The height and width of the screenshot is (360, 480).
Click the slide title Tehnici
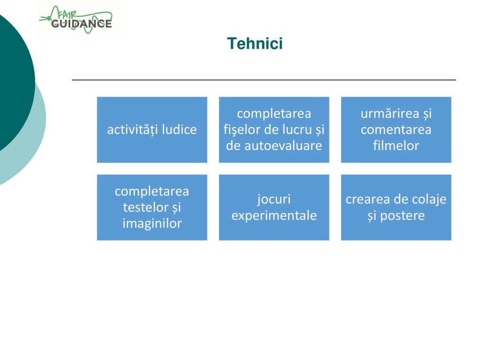255,43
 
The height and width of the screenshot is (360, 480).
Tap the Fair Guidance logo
75,20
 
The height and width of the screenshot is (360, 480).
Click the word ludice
179,129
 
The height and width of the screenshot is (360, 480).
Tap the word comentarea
396,130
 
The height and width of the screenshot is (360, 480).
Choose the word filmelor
396,145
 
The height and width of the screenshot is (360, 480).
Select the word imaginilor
152,224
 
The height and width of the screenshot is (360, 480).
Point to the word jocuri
274,200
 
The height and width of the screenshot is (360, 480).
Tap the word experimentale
274,216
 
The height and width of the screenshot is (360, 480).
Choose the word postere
402,216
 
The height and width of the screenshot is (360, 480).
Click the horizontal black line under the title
264,80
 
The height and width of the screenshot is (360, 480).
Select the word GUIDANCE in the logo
82,23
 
